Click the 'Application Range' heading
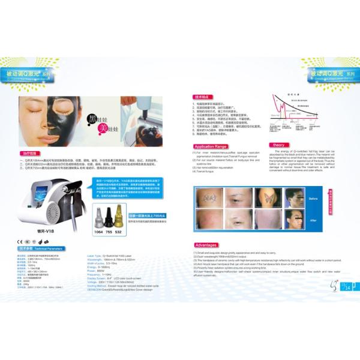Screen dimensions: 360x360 (x=211, y=146)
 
